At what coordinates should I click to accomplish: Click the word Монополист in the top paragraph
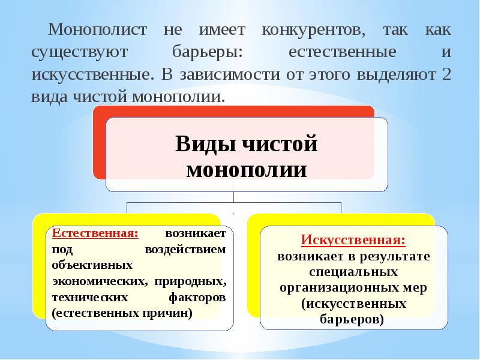(x=97, y=29)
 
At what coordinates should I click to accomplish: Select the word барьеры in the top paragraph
(x=207, y=52)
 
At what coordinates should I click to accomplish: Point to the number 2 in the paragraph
(x=446, y=74)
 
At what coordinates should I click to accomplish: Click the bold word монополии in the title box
(x=247, y=169)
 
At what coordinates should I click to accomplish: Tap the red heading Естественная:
(x=95, y=233)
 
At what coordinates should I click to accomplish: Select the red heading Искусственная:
(x=353, y=239)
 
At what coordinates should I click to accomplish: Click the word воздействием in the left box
(x=185, y=250)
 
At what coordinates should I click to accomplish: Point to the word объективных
(x=92, y=265)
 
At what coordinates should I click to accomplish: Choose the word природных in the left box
(x=190, y=281)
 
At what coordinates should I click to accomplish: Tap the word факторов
(x=197, y=297)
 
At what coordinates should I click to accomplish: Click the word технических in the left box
(x=89, y=297)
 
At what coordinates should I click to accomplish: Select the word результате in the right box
(x=395, y=256)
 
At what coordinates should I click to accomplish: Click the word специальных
(x=353, y=272)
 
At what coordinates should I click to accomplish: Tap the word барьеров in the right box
(x=352, y=320)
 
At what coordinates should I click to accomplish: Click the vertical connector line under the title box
(x=233, y=197)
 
